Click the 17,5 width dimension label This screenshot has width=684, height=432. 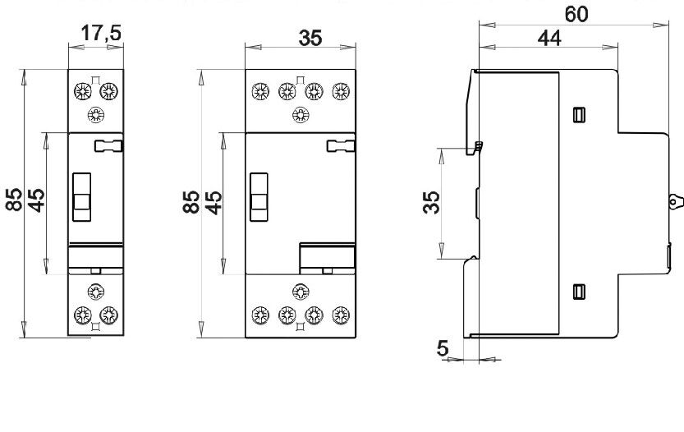pyautogui.click(x=101, y=33)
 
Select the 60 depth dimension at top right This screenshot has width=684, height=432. pyautogui.click(x=576, y=15)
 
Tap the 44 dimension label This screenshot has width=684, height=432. pyautogui.click(x=549, y=39)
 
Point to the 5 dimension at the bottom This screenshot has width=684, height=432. pyautogui.click(x=443, y=348)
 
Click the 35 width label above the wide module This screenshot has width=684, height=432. pyautogui.click(x=310, y=38)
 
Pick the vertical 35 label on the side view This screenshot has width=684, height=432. pyautogui.click(x=431, y=202)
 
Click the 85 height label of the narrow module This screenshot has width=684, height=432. pyautogui.click(x=15, y=200)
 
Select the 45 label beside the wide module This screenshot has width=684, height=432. pyautogui.click(x=213, y=203)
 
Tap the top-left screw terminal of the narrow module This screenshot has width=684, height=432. pyautogui.click(x=82, y=92)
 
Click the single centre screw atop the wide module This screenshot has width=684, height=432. pyautogui.click(x=301, y=115)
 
